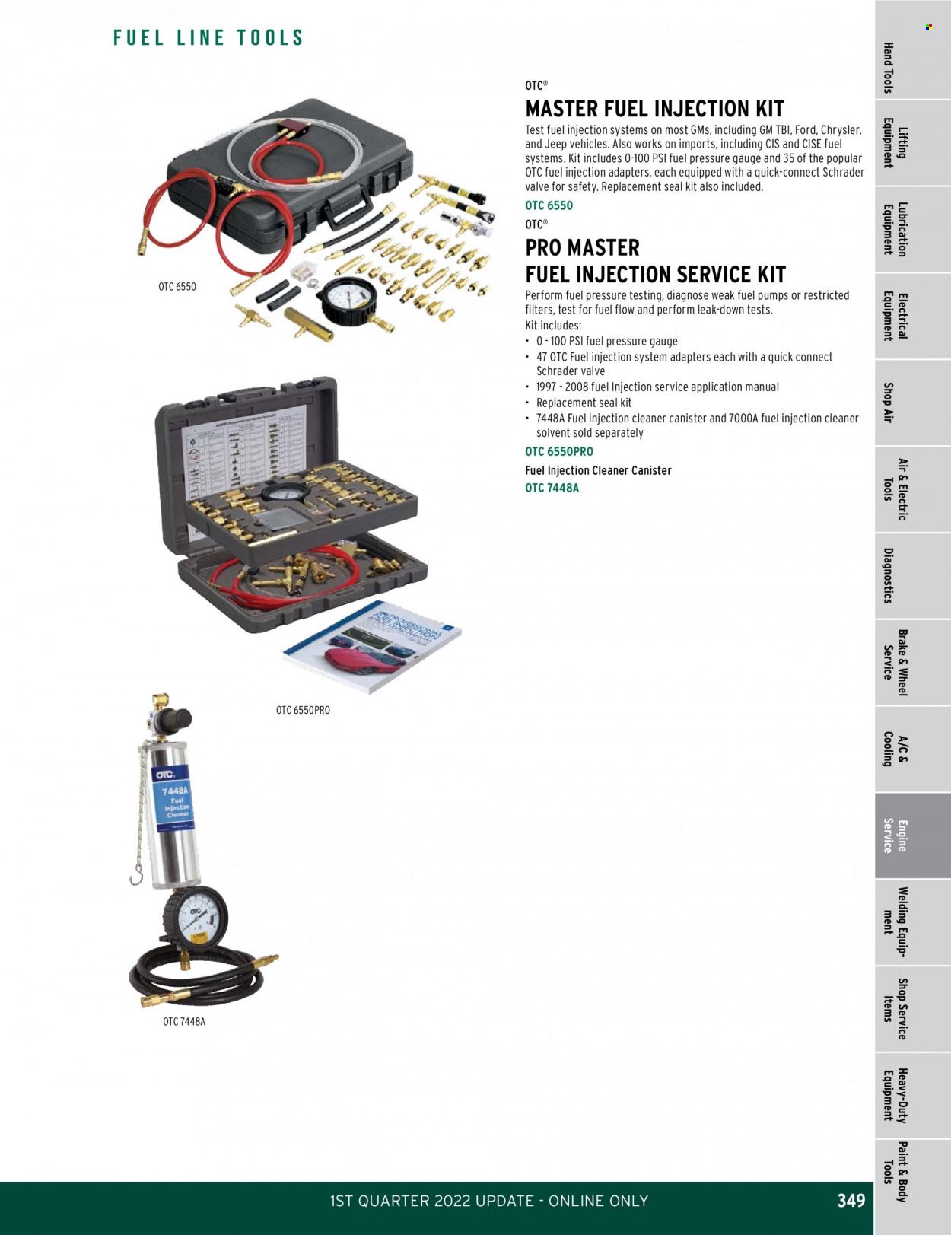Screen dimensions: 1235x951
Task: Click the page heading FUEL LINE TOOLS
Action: click(208, 38)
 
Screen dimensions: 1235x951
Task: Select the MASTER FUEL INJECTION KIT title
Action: click(654, 109)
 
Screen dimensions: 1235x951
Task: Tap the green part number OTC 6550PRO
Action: click(558, 451)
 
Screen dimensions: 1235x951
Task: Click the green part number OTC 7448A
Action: click(552, 488)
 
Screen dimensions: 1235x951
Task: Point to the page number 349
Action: click(851, 1201)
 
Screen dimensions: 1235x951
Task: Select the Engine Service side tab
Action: click(895, 836)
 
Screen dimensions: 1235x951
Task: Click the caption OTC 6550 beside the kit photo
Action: click(177, 287)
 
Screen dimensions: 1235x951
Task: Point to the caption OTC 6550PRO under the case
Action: click(303, 710)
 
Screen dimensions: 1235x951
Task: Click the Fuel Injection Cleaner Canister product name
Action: click(598, 470)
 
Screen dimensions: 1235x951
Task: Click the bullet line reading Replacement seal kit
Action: click(584, 403)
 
